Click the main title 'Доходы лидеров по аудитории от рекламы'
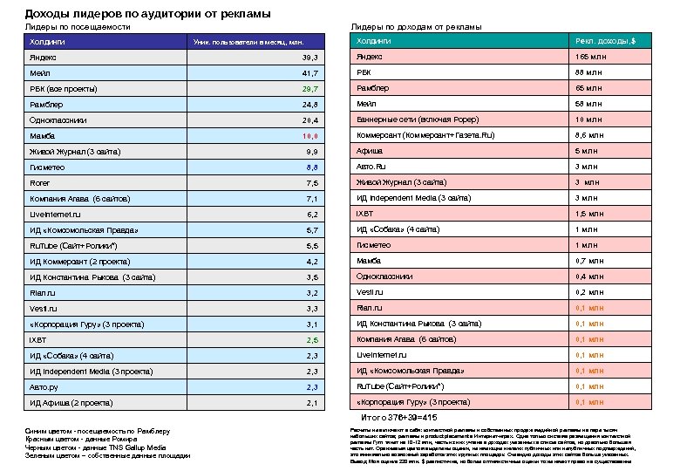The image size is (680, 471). pos(147,14)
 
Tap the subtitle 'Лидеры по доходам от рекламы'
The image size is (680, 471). pos(416,27)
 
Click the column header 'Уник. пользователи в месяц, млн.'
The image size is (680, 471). pos(248,42)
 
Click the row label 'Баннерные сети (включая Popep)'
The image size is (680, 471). pos(418,119)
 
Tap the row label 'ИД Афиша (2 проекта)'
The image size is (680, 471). pos(71,403)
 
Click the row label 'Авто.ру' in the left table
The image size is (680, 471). pos(44,386)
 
